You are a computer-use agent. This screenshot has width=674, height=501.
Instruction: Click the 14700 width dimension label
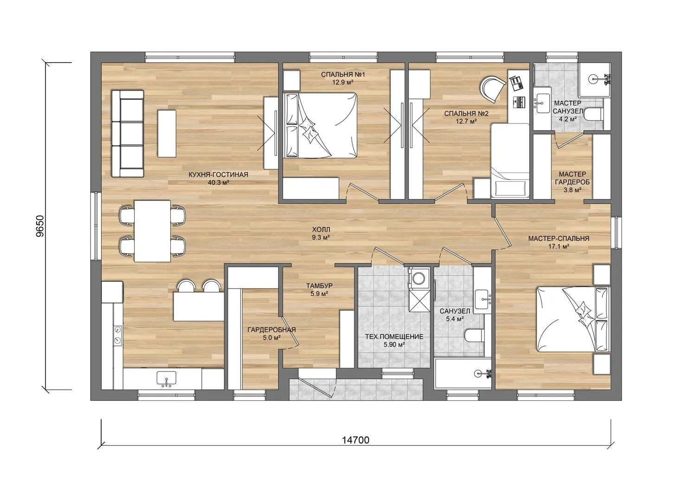355,449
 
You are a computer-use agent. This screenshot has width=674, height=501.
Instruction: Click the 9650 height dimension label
40,226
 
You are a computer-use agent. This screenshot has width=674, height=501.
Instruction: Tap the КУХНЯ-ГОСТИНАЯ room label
218,174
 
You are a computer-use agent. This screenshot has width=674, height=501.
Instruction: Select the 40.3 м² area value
218,183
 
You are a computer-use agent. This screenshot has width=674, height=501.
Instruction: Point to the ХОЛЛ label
321,230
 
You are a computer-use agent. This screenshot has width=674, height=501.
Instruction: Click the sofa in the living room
128,133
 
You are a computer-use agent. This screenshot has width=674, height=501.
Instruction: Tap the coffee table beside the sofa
167,134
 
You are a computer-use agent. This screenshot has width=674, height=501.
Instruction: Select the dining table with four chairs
152,231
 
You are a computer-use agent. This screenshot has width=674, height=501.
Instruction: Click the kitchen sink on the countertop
166,379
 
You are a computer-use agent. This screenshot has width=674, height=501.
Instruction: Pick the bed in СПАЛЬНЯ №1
320,125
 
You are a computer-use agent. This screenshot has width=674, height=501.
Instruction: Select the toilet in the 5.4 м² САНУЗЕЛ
474,335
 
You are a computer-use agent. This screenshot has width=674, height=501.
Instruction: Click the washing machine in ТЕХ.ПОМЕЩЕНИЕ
419,277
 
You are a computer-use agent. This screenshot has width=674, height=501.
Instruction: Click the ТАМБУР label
320,286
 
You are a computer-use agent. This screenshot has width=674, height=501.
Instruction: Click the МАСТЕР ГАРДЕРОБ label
572,178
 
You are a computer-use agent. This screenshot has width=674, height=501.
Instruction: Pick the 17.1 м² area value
558,246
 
